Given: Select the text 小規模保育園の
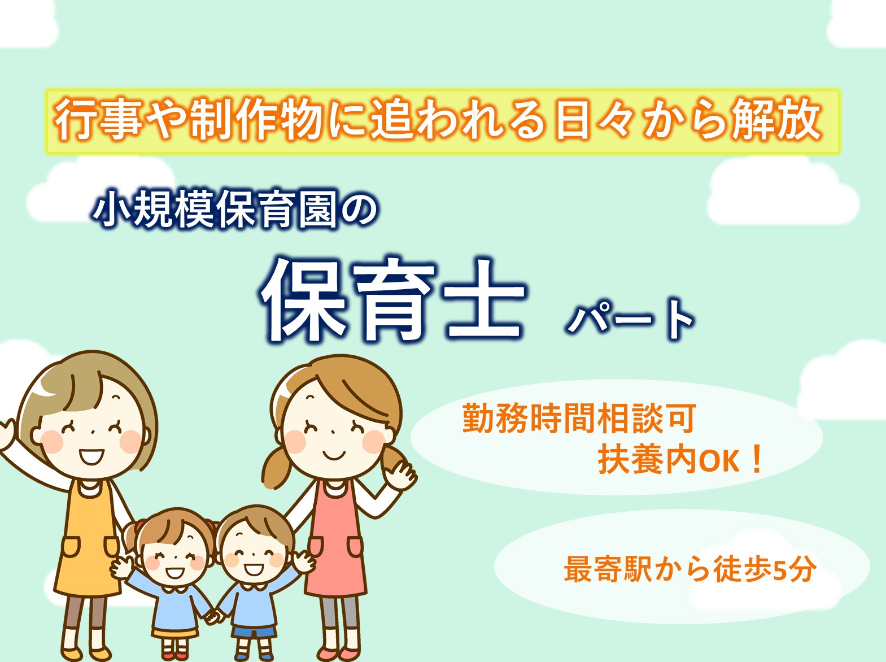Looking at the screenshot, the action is point(235,208).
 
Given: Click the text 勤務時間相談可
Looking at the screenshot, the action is point(579,419).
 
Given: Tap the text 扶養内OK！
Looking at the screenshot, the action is point(680,460).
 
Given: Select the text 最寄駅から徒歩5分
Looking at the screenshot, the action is point(690,569).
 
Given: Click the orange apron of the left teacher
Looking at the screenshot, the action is point(87,541).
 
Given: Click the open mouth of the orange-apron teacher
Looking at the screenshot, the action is point(91,456).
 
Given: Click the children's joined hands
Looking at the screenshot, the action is point(214,617).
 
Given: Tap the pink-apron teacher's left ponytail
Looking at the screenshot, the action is point(277,468).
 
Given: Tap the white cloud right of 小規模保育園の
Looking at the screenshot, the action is point(783,193).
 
